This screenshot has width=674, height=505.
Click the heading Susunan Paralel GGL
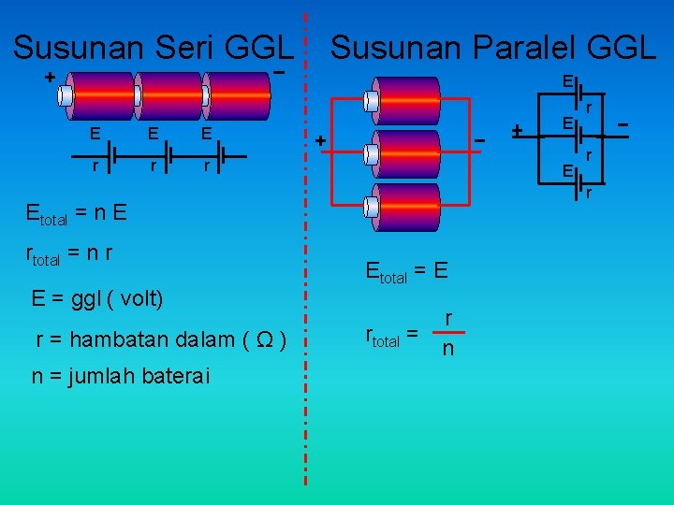click(493, 47)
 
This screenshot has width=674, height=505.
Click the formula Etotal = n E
click(77, 212)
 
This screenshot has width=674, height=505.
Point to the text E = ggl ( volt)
click(97, 299)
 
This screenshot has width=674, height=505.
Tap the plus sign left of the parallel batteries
click(320, 141)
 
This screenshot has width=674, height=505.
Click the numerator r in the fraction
click(448, 319)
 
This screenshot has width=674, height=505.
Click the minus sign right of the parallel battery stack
click(479, 140)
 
